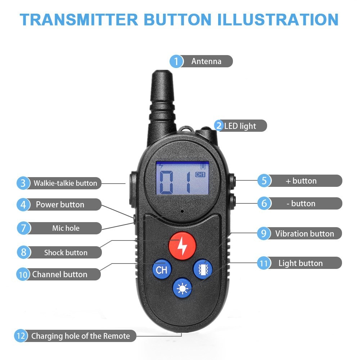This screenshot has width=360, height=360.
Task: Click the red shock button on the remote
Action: [182, 246]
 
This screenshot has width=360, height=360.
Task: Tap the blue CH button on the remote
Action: [162, 269]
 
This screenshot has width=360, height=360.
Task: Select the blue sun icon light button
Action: [182, 288]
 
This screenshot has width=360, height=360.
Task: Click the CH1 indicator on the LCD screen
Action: [200, 175]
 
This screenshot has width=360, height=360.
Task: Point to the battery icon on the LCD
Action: [203, 166]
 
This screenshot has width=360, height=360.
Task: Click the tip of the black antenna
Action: [162, 72]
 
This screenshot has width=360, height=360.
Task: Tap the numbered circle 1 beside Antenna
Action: [176, 61]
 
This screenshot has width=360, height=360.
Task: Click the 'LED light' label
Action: [240, 126]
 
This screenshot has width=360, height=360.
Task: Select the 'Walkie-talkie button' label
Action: [66, 183]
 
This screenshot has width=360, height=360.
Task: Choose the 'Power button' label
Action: [60, 204]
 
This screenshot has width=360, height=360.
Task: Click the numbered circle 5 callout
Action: [264, 180]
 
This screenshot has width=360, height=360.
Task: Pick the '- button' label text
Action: [301, 203]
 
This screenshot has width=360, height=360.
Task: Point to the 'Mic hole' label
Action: [66, 228]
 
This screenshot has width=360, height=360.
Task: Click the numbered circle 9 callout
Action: [264, 234]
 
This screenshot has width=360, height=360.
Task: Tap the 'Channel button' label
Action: [60, 274]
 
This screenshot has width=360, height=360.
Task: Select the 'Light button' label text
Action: [301, 263]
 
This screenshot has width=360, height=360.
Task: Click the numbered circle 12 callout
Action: [21, 336]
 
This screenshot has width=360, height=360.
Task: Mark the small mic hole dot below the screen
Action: [182, 211]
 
